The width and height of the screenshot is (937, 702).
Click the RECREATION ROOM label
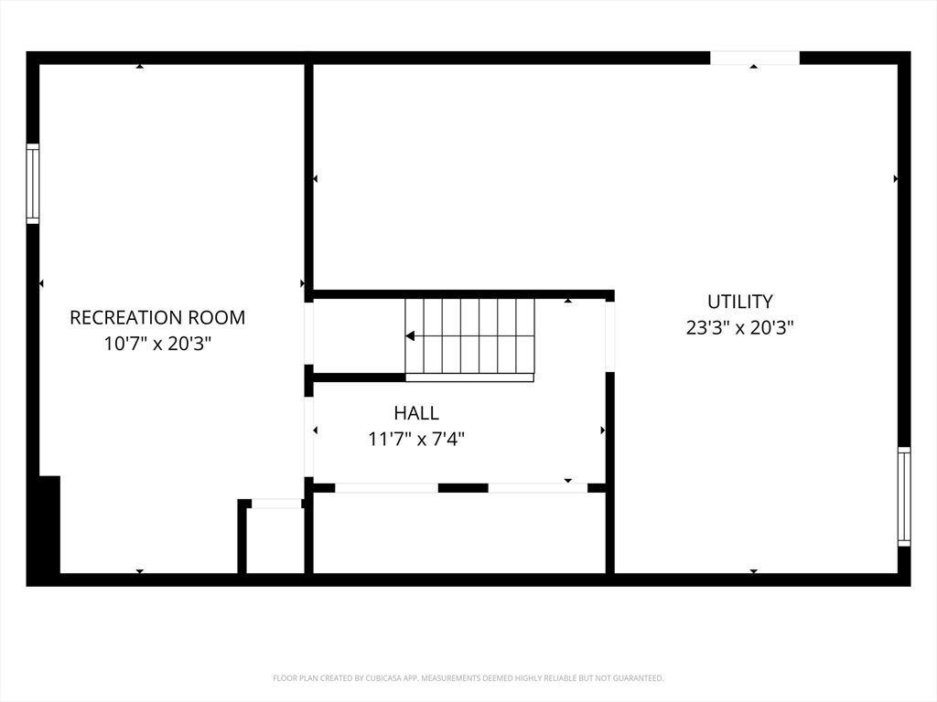point(157,317)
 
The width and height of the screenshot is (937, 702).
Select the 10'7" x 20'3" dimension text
point(157,344)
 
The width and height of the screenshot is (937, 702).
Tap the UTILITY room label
point(739,301)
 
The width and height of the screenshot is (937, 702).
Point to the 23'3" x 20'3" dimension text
point(739,327)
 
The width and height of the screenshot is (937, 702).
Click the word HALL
point(416,413)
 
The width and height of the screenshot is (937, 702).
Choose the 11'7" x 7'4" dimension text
point(416,439)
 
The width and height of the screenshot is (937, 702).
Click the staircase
point(469,336)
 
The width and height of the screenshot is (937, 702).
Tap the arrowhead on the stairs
point(410,336)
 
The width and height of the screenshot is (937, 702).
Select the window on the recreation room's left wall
point(33,184)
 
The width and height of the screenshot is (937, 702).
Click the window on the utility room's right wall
point(904,496)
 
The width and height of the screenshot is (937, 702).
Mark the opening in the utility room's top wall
point(755,58)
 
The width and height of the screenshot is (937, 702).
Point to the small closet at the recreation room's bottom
point(275,541)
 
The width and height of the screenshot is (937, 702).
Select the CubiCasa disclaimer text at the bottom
point(468,678)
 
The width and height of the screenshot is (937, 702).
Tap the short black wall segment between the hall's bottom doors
point(462,488)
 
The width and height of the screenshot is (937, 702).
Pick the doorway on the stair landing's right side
point(609,336)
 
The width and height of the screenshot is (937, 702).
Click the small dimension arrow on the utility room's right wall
point(895,179)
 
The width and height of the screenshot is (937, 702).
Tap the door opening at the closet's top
point(276,504)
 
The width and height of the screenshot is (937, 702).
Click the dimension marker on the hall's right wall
point(602,430)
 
